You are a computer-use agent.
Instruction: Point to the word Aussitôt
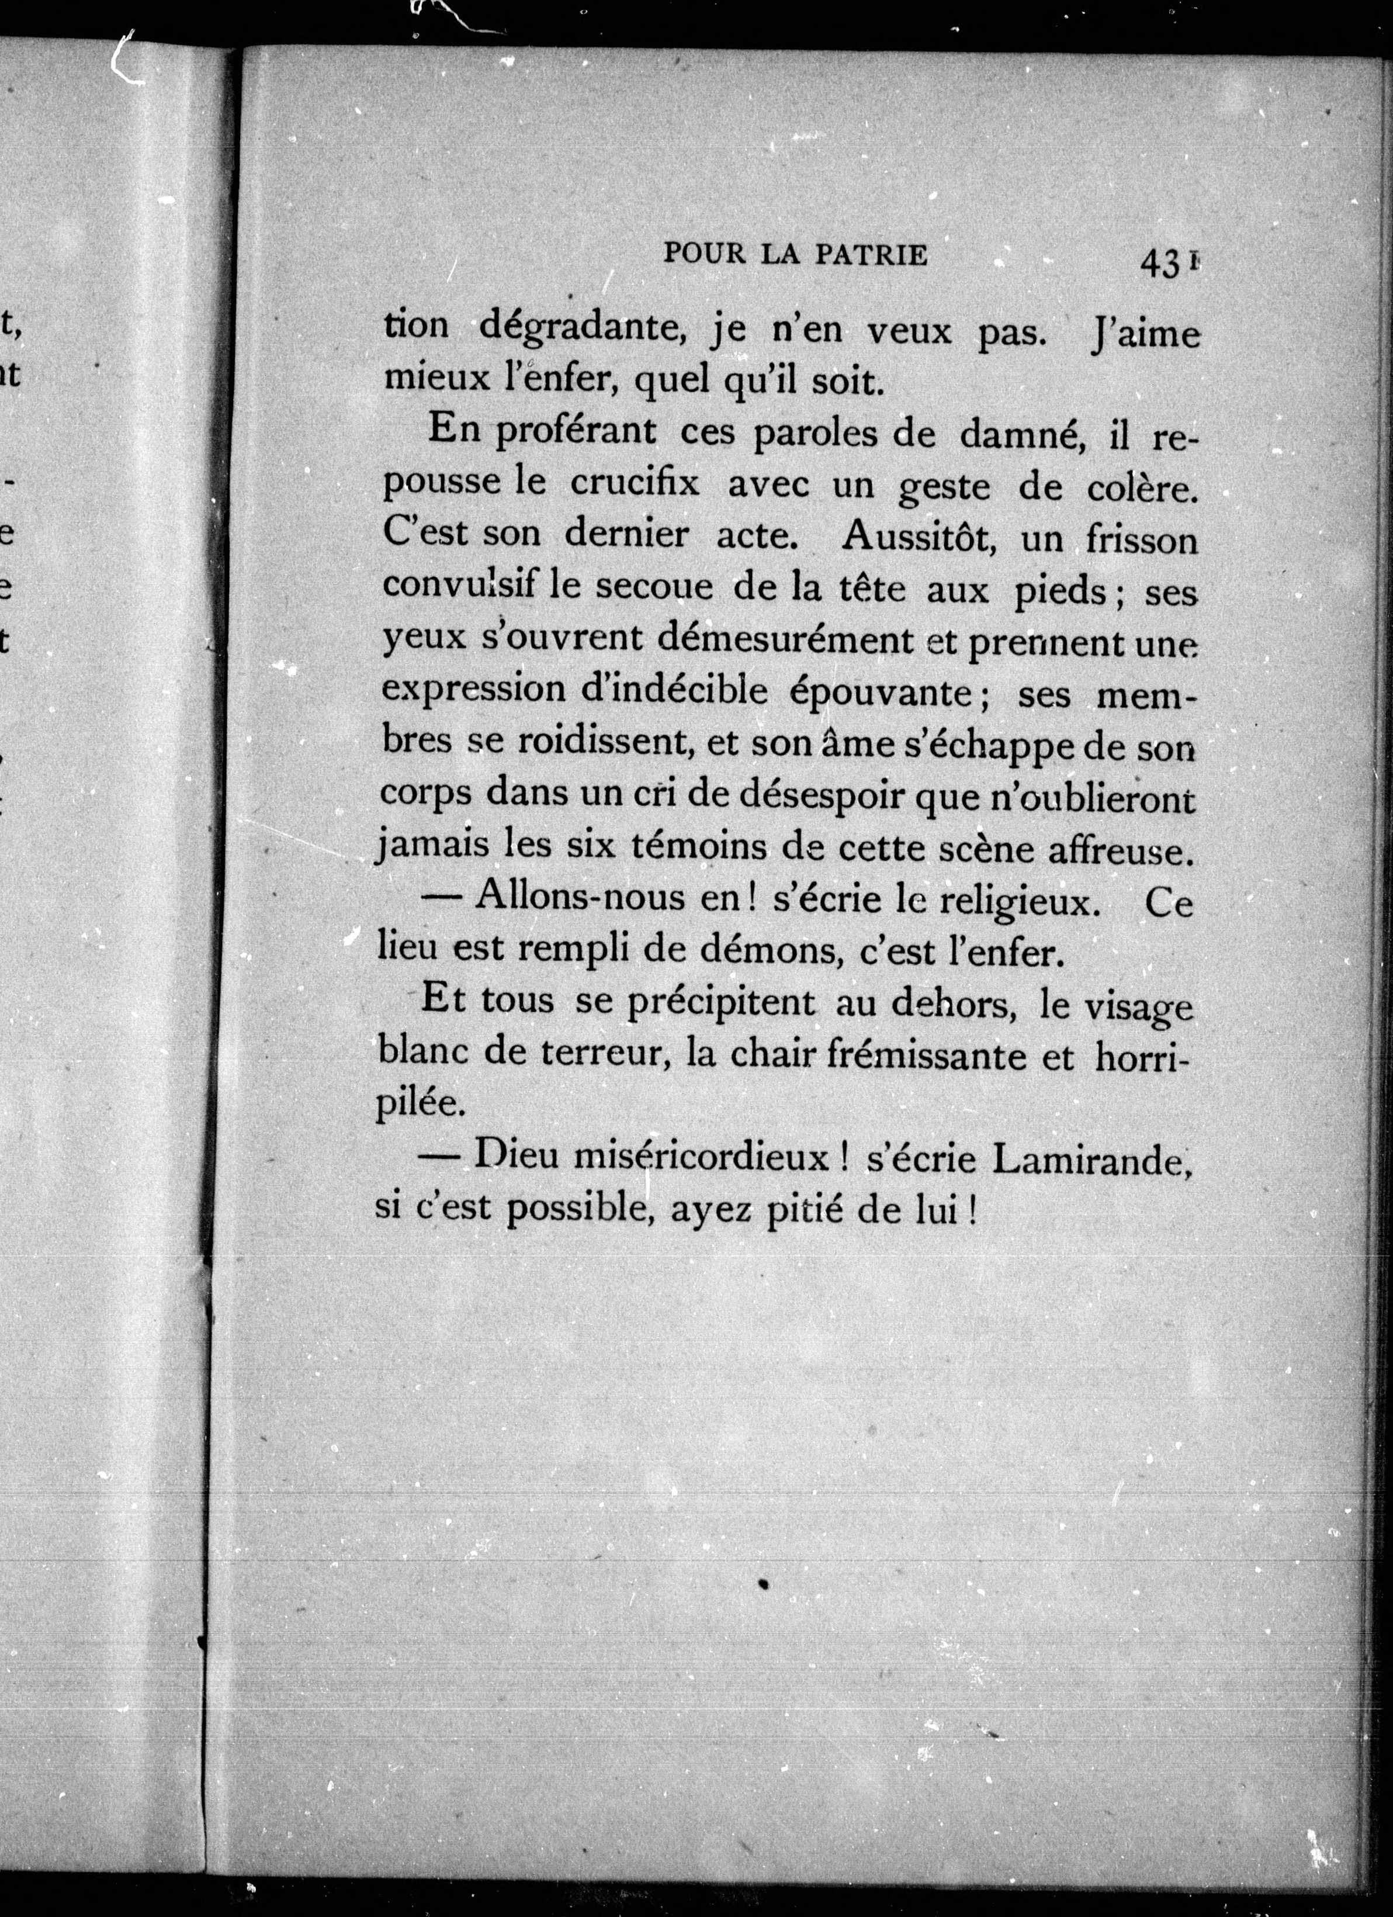[918, 537]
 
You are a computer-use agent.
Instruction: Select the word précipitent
[720, 1004]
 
